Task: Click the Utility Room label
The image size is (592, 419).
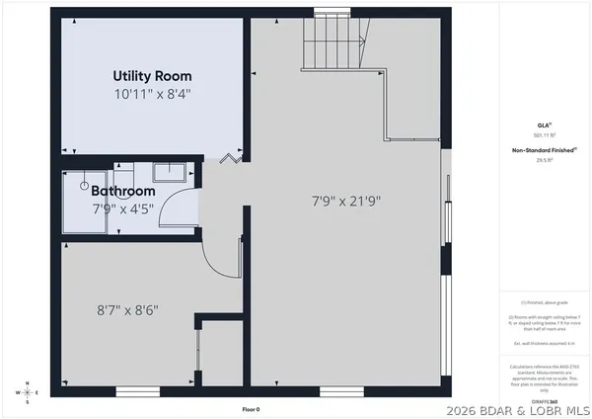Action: tap(152, 76)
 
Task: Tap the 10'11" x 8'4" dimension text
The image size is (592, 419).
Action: tap(152, 94)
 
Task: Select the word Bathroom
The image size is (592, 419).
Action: tap(124, 191)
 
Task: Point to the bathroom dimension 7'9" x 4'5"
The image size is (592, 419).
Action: tap(123, 209)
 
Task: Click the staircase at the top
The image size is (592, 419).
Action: tap(340, 45)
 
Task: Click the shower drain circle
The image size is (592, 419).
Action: tap(85, 184)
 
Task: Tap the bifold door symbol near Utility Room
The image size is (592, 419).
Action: tap(232, 156)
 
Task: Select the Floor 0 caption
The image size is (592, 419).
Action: tap(252, 409)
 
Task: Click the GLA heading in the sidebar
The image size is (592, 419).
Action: tap(544, 125)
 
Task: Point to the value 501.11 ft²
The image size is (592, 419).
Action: tap(544, 135)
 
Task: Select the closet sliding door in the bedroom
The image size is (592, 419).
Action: tap(198, 354)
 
